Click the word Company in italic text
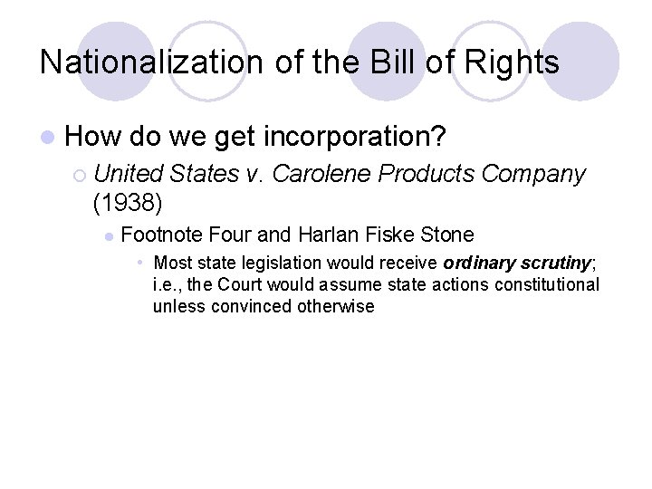533,174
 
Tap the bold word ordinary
478,264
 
